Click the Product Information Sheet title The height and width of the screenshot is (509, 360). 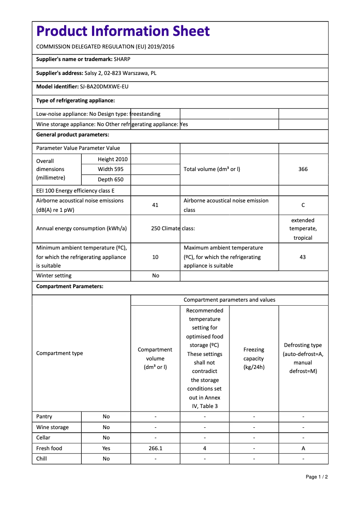pyautogui.click(x=123, y=31)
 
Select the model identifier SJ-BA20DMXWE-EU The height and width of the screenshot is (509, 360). pyautogui.click(x=104, y=87)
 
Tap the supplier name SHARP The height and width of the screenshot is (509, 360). pyautogui.click(x=122, y=59)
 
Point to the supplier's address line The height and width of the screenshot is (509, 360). pyautogui.click(x=96, y=73)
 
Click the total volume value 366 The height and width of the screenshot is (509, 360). pyautogui.click(x=303, y=169)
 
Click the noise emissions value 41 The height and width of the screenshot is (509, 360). pyautogui.click(x=155, y=205)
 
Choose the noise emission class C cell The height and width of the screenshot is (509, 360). pyautogui.click(x=303, y=205)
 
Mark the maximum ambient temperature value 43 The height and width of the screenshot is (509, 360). pyautogui.click(x=303, y=257)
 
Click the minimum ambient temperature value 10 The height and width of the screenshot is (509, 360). pyautogui.click(x=155, y=257)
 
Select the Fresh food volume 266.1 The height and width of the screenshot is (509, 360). pyautogui.click(x=155, y=448)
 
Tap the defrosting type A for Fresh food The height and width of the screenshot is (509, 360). pyautogui.click(x=303, y=448)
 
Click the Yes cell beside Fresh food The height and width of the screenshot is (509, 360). pyautogui.click(x=106, y=448)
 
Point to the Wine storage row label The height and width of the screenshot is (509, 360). pyautogui.click(x=53, y=427)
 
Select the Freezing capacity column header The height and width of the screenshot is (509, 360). pyautogui.click(x=254, y=358)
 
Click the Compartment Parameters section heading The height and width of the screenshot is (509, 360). pyautogui.click(x=70, y=286)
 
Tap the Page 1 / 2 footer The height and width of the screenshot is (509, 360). pyautogui.click(x=316, y=477)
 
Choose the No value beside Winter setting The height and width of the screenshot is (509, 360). pyautogui.click(x=155, y=276)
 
